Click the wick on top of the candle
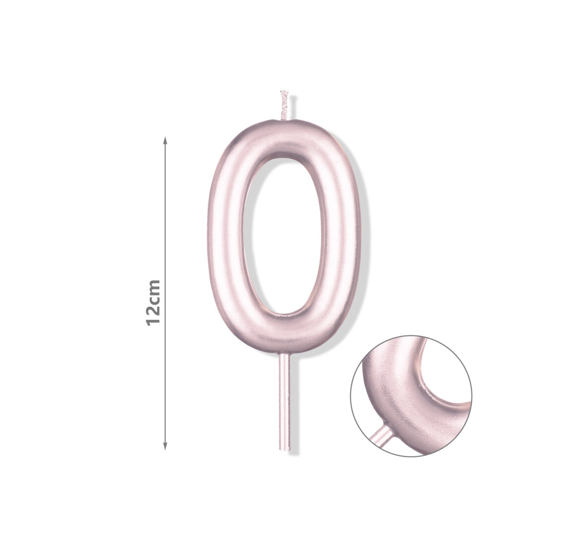click(284, 106)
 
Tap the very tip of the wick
click(284, 91)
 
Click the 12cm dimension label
click(153, 303)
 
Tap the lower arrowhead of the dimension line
click(165, 446)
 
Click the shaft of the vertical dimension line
click(165, 293)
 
